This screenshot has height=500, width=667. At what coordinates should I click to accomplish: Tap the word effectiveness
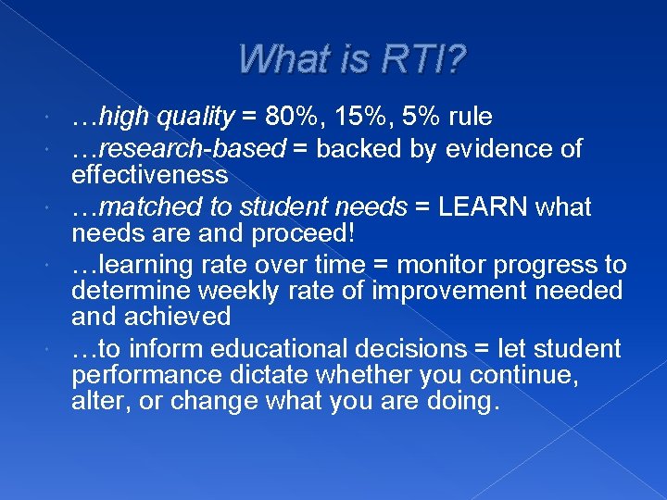tap(149, 176)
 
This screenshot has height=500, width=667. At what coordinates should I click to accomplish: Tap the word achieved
tap(183, 317)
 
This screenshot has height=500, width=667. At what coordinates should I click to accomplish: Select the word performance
tap(142, 376)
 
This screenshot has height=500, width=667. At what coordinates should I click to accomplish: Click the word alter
tap(94, 402)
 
